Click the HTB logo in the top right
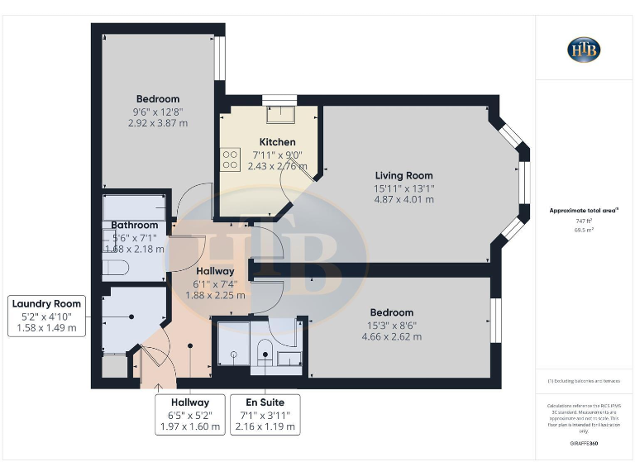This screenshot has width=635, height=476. click(584, 50)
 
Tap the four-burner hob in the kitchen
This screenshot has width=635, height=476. click(230, 158)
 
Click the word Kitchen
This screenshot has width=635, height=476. click(277, 141)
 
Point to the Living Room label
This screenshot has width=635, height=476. click(403, 175)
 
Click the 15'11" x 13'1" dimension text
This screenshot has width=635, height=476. click(403, 188)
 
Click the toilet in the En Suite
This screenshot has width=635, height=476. click(265, 352)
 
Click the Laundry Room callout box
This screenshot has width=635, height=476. click(46, 316)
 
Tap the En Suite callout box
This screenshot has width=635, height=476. click(265, 415)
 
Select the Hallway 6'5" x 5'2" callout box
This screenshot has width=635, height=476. click(189, 415)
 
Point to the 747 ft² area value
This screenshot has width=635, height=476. click(584, 221)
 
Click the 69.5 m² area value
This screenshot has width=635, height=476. click(584, 230)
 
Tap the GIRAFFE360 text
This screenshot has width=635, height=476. click(584, 444)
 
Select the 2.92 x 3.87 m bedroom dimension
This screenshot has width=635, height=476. click(157, 123)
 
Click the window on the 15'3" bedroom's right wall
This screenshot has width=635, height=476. click(496, 319)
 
